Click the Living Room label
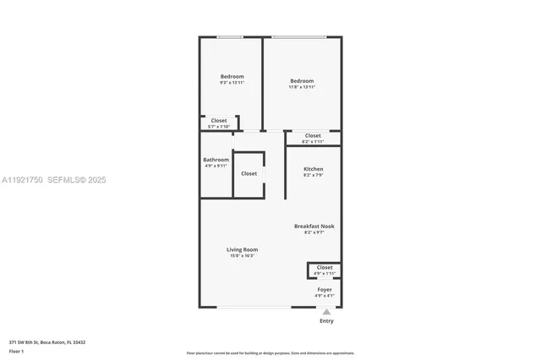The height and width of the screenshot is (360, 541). point(242,249)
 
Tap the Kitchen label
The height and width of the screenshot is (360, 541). point(313,169)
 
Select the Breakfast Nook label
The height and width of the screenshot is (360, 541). point(314,226)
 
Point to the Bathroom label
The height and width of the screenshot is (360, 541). point(216,160)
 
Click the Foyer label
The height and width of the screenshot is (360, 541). point(325,289)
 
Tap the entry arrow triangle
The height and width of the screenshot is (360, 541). point(326,312)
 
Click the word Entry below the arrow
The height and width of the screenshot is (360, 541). point(326,321)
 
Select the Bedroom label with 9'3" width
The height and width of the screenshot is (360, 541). point(232,76)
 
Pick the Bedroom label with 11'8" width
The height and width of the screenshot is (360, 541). point(302,80)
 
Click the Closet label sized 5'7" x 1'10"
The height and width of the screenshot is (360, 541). point(219,120)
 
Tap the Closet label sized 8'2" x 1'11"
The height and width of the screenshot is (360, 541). point(313,135)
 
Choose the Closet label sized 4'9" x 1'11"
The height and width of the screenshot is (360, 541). point(325,267)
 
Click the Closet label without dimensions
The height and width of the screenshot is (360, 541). point(249,173)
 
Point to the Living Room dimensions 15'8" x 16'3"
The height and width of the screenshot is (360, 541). point(242,255)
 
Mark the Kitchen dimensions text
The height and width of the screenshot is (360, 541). point(313,175)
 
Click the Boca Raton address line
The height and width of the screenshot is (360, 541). point(47,342)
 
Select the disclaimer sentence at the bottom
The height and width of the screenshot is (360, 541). point(270,353)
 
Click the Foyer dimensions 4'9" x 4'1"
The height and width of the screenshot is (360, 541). point(325,295)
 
